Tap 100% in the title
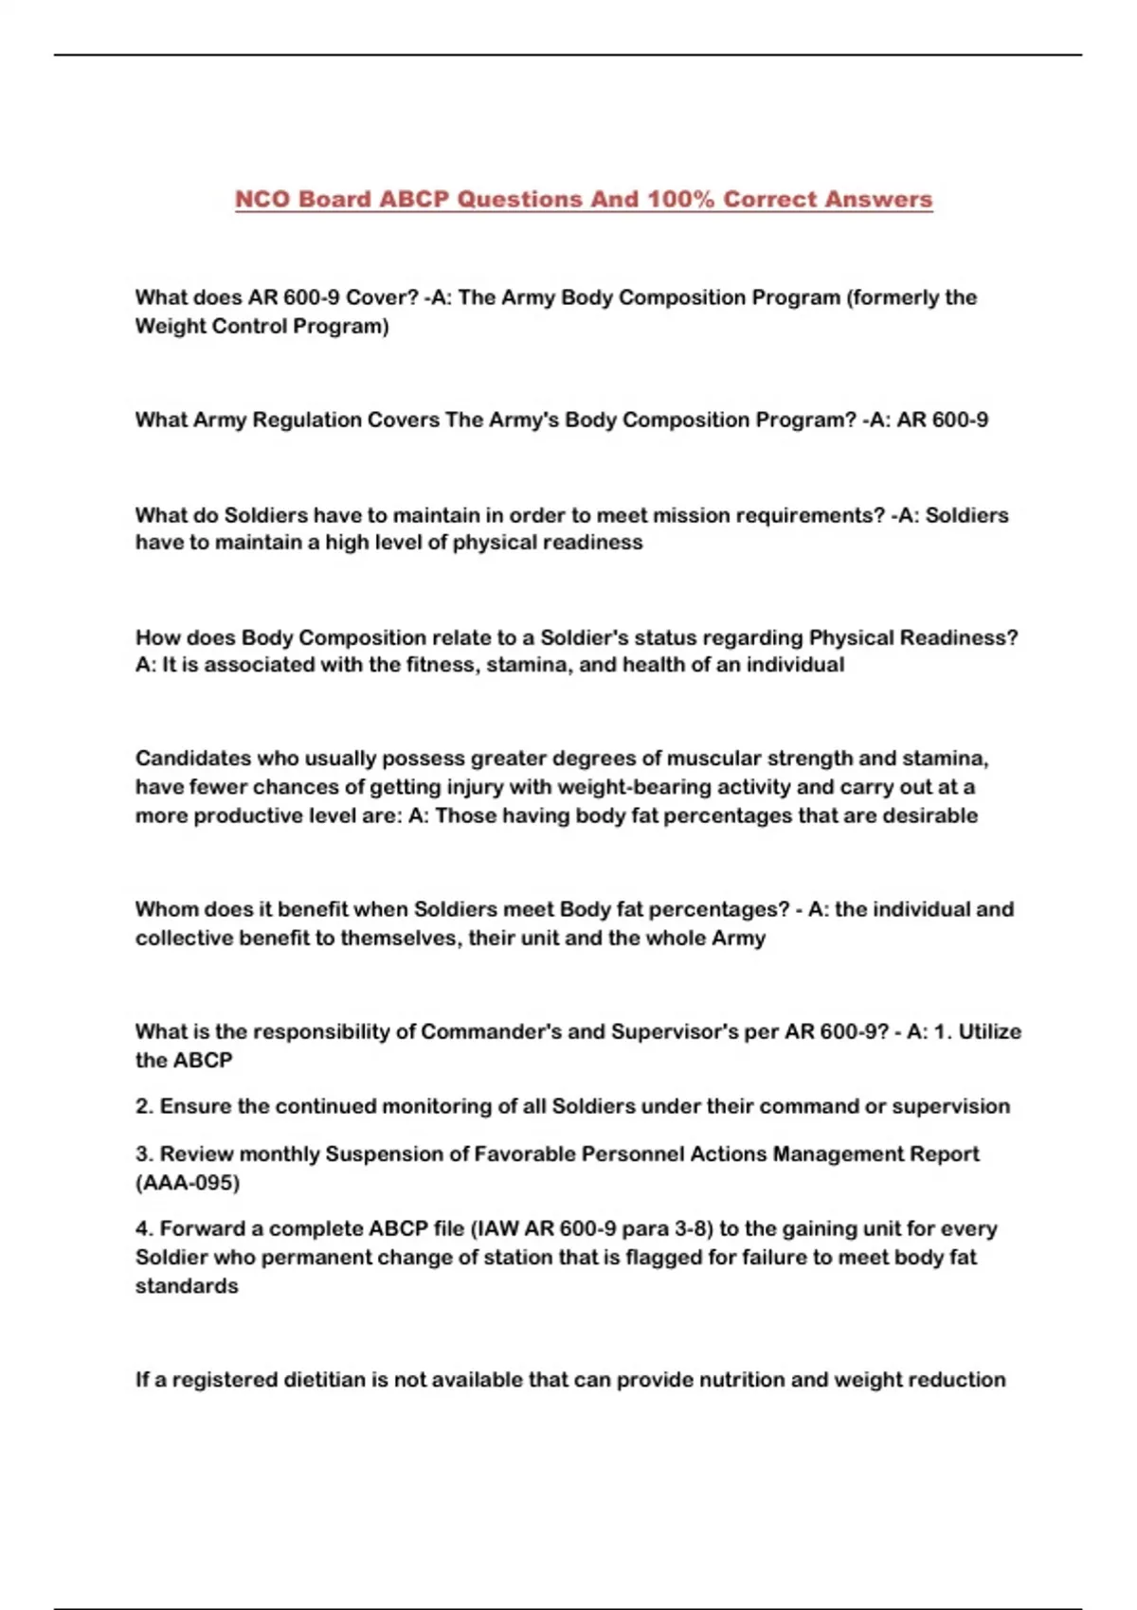tap(680, 200)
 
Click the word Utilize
tap(989, 1031)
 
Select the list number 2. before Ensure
tap(144, 1106)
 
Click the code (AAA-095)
tap(188, 1183)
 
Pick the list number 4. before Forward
tap(144, 1228)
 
